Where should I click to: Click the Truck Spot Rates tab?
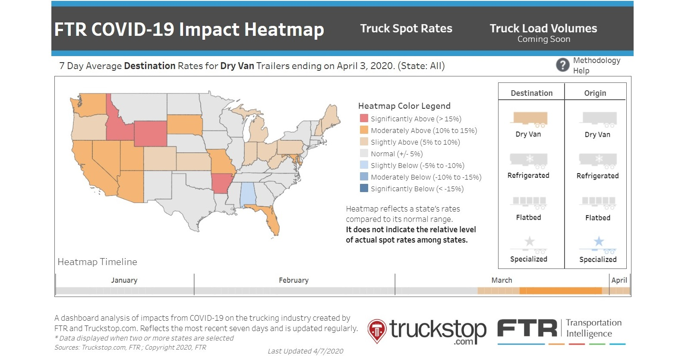[x=406, y=28]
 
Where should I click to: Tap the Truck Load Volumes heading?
[x=543, y=28]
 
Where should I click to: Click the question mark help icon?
[x=562, y=65]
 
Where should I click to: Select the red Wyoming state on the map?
[x=150, y=133]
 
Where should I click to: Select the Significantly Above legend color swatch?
[x=364, y=119]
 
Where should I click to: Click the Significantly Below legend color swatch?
[x=364, y=189]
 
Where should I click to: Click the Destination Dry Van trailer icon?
[x=530, y=119]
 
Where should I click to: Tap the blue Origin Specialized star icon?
[x=599, y=242]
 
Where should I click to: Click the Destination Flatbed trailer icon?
[x=529, y=202]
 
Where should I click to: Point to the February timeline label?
[x=294, y=280]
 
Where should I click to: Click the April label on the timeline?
[x=619, y=280]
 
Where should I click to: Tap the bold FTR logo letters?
[x=527, y=328]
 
